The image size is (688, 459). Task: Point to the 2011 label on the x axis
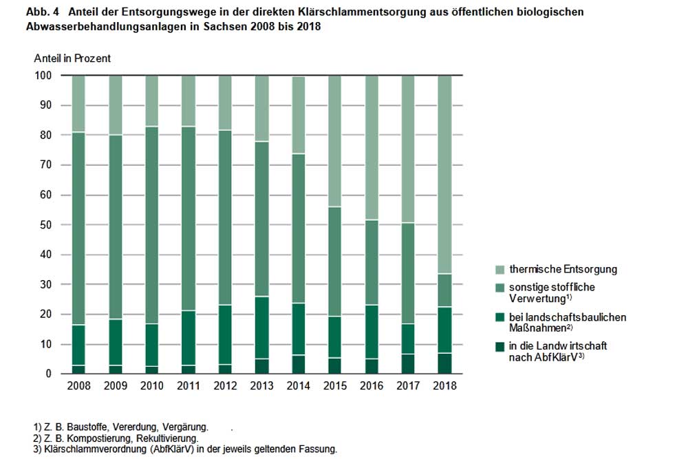click(x=189, y=386)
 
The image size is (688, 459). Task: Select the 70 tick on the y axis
click(x=46, y=165)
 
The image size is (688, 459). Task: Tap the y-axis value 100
click(x=43, y=76)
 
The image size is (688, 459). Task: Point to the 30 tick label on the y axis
click(x=46, y=285)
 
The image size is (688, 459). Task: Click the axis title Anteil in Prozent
click(x=72, y=58)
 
